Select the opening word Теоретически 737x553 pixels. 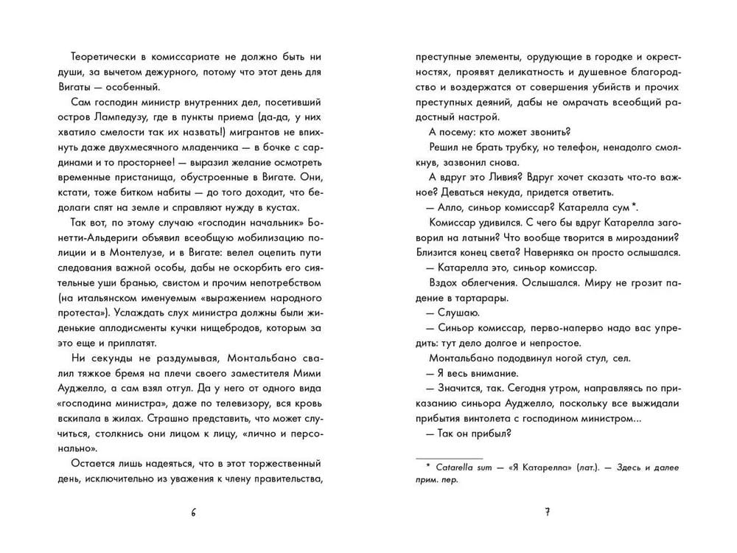coord(104,58)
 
